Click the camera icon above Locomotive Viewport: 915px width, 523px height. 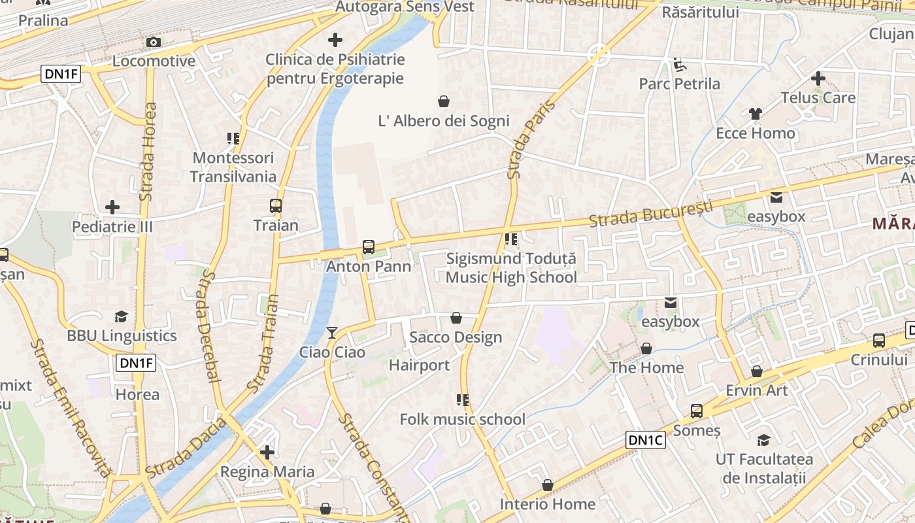154,42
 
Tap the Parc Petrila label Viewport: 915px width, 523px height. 679,84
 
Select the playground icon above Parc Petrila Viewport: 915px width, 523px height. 680,64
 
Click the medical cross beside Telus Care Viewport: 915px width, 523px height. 818,79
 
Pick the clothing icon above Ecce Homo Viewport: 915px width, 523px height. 756,114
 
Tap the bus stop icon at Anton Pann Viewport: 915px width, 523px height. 369,247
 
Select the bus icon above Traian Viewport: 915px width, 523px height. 276,206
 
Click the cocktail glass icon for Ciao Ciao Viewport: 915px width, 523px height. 332,333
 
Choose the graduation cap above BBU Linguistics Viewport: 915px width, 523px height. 122,317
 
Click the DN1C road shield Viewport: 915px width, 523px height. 645,440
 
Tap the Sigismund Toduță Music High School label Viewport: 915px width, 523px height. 511,268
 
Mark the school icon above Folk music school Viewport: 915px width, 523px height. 463,400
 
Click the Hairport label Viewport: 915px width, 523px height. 420,365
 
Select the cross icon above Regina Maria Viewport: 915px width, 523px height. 267,452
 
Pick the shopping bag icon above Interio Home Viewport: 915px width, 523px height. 548,485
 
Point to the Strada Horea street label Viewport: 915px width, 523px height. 148,152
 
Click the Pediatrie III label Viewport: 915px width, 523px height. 112,226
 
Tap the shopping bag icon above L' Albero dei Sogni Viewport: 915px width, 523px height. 444,101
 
